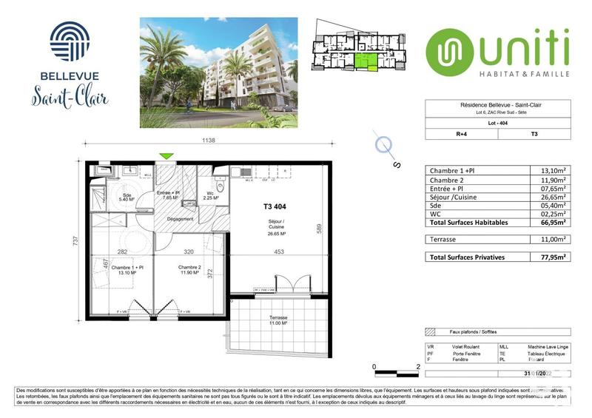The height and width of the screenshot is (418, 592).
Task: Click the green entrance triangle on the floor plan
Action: coord(168,156)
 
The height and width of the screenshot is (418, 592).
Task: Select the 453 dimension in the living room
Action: coord(278,252)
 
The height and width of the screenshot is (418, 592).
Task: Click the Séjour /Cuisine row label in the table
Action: coord(454,198)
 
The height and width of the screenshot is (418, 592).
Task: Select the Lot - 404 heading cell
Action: coord(497,124)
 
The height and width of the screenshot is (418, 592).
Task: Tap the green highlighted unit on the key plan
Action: coord(365,61)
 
